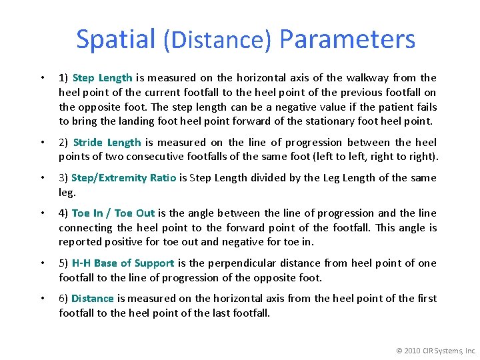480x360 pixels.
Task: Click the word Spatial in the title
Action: pos(116,39)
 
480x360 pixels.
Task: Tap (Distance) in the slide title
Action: pos(217,41)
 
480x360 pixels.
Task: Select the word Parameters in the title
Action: pos(347,39)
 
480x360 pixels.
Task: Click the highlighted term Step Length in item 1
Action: pos(102,78)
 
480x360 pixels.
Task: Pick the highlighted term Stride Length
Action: pos(107,142)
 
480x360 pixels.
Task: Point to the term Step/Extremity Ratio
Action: pos(123,177)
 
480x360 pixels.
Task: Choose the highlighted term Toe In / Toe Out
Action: pos(113,213)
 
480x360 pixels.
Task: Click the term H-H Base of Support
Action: pos(123,263)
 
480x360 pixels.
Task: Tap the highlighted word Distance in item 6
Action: pos(92,299)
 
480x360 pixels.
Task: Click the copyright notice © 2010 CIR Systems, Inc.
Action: pos(436,350)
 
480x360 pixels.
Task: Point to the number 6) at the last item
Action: pos(63,299)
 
